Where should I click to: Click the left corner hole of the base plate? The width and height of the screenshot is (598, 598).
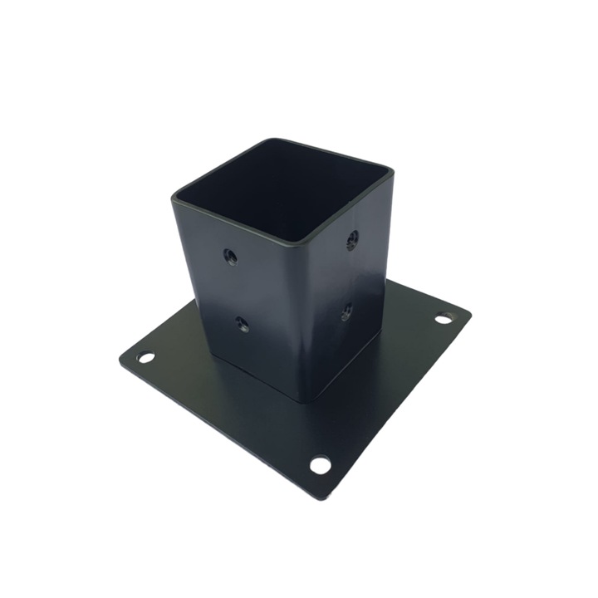[x=146, y=357]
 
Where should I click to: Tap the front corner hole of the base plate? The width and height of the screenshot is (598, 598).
[x=320, y=465]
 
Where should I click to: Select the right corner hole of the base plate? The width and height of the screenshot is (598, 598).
[x=445, y=317]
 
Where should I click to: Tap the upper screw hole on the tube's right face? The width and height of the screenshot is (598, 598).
[x=352, y=240]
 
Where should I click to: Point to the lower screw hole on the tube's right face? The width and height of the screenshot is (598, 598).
[x=346, y=312]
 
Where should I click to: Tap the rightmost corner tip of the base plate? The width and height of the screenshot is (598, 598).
[x=471, y=314]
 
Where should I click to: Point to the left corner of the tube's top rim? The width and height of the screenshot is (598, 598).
[x=174, y=198]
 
